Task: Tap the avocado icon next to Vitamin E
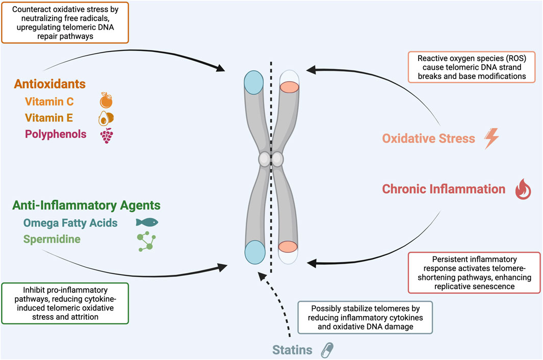point(106,118)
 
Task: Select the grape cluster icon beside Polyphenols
point(106,135)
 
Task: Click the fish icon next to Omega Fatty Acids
point(147,222)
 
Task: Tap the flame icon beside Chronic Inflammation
point(523,190)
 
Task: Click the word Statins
point(292,350)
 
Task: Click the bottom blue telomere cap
point(253,252)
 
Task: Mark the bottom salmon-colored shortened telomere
point(289,247)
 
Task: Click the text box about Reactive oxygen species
point(472,67)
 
